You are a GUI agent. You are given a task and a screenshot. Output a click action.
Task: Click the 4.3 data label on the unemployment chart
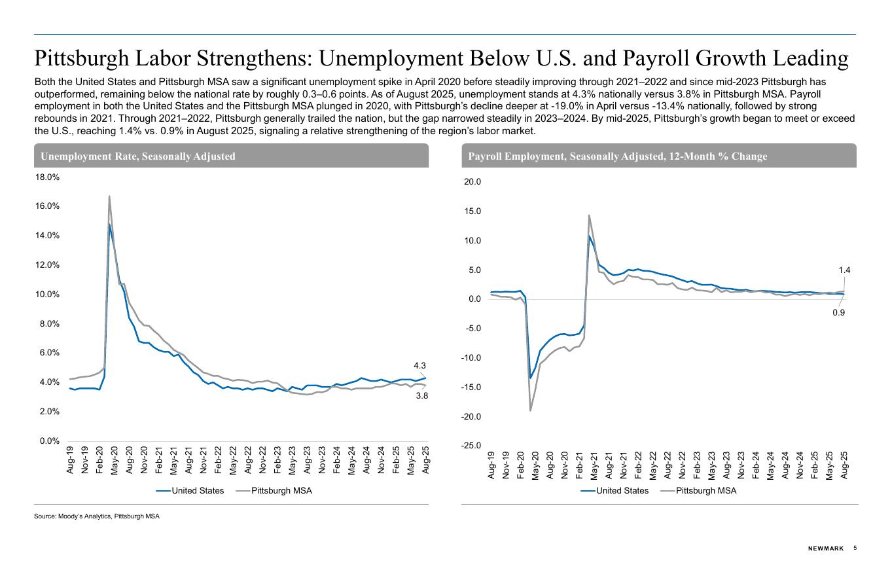coord(419,366)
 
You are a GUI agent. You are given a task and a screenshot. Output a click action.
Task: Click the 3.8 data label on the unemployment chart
coord(422,396)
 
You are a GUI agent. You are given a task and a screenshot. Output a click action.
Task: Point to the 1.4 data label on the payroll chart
coord(844,270)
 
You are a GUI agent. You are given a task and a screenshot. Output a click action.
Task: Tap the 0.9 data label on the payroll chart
coord(838,313)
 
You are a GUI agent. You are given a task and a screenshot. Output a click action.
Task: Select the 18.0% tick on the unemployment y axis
coord(47,177)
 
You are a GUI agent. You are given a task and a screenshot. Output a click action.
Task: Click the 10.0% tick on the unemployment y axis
coord(47,295)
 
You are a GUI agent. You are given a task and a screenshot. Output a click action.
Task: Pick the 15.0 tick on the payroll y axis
coord(472,211)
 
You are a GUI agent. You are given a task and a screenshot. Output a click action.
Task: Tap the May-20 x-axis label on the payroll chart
coord(535,466)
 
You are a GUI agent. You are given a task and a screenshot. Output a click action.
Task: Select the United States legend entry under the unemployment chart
coord(197,491)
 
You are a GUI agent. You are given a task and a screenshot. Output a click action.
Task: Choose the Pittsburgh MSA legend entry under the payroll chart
coord(705,491)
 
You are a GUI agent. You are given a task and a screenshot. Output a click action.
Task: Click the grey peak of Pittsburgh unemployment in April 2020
coord(109,196)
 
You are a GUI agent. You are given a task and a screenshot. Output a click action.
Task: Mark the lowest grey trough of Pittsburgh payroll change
coord(530,410)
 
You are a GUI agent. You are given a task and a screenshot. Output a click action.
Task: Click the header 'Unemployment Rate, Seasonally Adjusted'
coord(138,156)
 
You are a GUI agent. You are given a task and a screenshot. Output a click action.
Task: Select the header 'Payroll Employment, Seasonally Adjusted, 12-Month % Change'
coord(618,156)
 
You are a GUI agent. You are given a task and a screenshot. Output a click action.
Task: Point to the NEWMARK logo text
coord(826,549)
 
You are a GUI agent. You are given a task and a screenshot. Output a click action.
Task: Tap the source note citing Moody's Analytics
coord(97,516)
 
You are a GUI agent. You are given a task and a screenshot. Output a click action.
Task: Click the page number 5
coord(855,548)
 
